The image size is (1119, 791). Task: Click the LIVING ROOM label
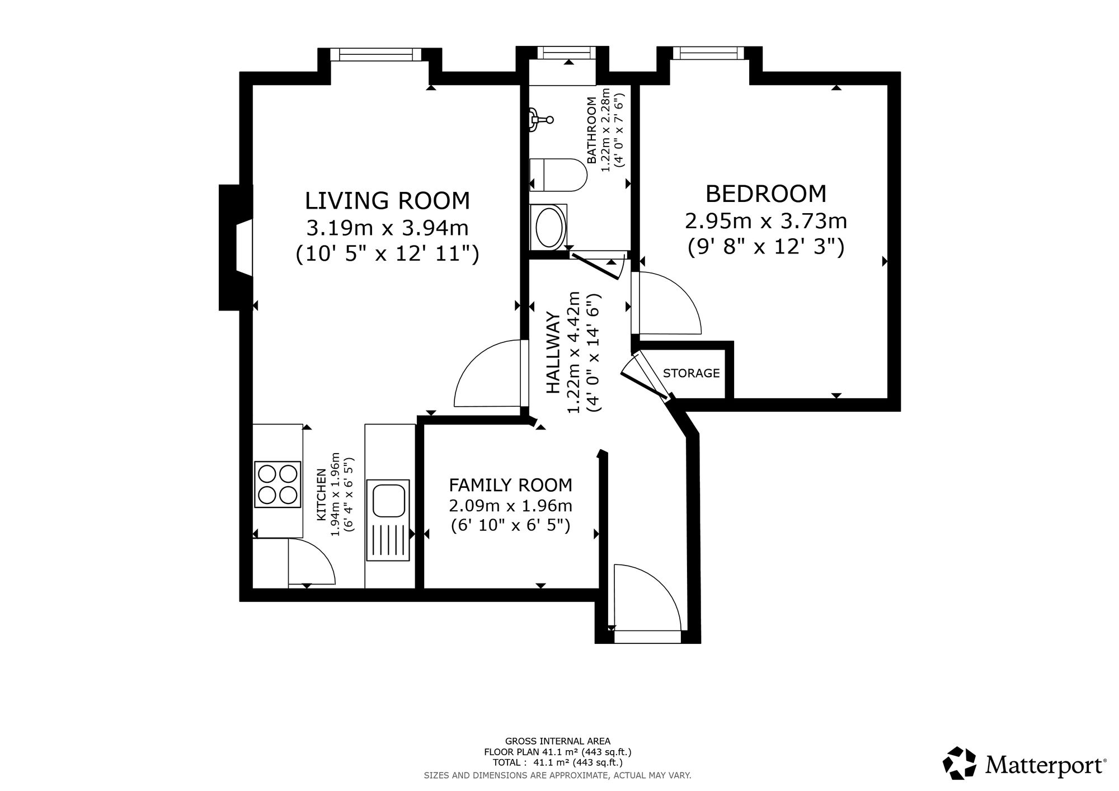(x=387, y=200)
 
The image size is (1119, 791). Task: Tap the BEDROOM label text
(x=766, y=194)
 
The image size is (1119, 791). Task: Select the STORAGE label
(x=692, y=373)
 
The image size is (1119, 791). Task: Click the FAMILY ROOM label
(x=511, y=484)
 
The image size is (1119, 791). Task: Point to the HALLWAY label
(x=553, y=354)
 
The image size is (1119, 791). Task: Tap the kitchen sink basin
(x=388, y=501)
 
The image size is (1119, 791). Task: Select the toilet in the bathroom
(x=558, y=175)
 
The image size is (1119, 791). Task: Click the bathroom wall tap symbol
(x=542, y=119)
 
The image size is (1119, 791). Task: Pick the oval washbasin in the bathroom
(x=548, y=227)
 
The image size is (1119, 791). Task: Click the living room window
(x=375, y=54)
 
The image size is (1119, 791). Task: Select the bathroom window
(x=567, y=53)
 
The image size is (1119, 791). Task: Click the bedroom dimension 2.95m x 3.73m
(x=766, y=221)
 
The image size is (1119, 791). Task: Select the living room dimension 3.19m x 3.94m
(x=387, y=228)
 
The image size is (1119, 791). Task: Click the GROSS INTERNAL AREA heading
(x=558, y=742)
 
